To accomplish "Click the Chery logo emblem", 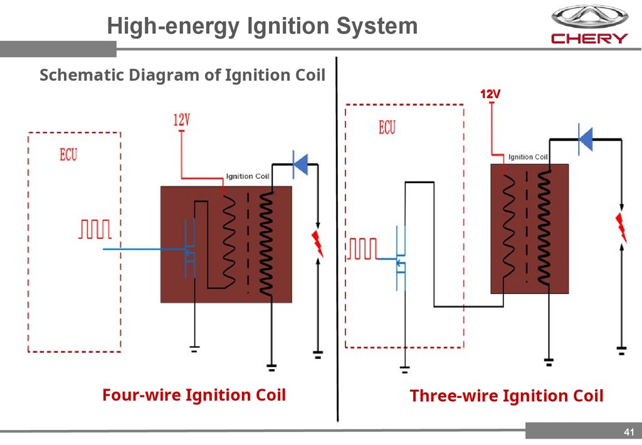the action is [589, 17].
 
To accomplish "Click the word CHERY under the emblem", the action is [589, 38].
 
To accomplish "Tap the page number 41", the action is [629, 432].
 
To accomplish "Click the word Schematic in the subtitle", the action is [82, 75].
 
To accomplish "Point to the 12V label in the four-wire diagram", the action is [181, 120].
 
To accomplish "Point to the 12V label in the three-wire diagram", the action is [490, 94].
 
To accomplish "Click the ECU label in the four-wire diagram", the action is [68, 155].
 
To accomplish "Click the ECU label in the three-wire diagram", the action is [387, 127].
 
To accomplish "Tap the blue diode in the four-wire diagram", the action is [300, 164].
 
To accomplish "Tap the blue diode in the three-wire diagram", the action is [586, 139].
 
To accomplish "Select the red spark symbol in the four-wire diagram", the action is [317, 244].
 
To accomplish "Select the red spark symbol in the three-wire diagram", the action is [621, 228].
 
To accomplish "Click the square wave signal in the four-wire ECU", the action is [95, 229].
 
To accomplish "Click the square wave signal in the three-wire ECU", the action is [363, 249].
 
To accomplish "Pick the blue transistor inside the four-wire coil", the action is [189, 249].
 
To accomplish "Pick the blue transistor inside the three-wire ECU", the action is [401, 258].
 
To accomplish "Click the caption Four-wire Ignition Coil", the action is [194, 395].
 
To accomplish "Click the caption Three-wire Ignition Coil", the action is [507, 396].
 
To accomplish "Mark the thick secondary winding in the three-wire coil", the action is [544, 228].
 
